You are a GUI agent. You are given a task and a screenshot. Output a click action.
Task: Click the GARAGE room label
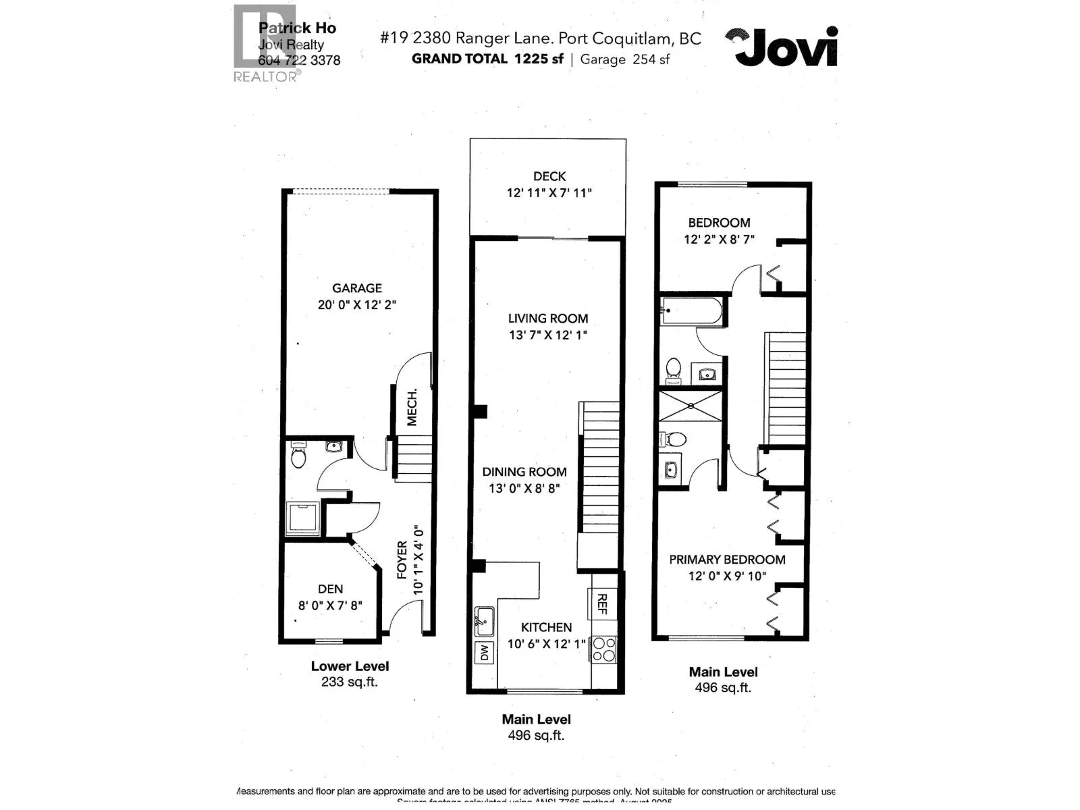point(356,288)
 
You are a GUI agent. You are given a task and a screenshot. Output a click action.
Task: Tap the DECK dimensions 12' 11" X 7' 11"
point(549,193)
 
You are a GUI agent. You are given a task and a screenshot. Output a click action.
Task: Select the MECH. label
point(412,406)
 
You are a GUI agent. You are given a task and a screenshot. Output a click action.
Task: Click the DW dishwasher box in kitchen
point(484,653)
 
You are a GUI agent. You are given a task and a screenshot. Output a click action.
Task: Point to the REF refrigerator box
point(602,603)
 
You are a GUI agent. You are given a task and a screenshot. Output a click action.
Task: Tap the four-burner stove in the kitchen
point(603,649)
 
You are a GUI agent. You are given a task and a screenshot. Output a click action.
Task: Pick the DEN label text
point(330,589)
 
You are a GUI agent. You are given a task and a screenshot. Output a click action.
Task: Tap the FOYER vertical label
point(402,560)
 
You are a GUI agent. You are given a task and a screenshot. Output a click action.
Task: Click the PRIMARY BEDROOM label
point(727,560)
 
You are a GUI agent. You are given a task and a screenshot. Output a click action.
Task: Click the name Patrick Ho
point(297,28)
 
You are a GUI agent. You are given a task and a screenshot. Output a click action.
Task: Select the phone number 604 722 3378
point(299,60)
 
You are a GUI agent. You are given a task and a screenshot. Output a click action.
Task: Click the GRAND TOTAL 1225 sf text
point(487,59)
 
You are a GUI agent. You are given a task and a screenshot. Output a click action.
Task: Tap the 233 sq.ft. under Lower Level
point(349,682)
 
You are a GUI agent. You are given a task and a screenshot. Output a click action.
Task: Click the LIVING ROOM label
point(547,319)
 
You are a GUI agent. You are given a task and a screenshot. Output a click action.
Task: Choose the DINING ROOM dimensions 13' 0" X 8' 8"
point(524,489)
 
